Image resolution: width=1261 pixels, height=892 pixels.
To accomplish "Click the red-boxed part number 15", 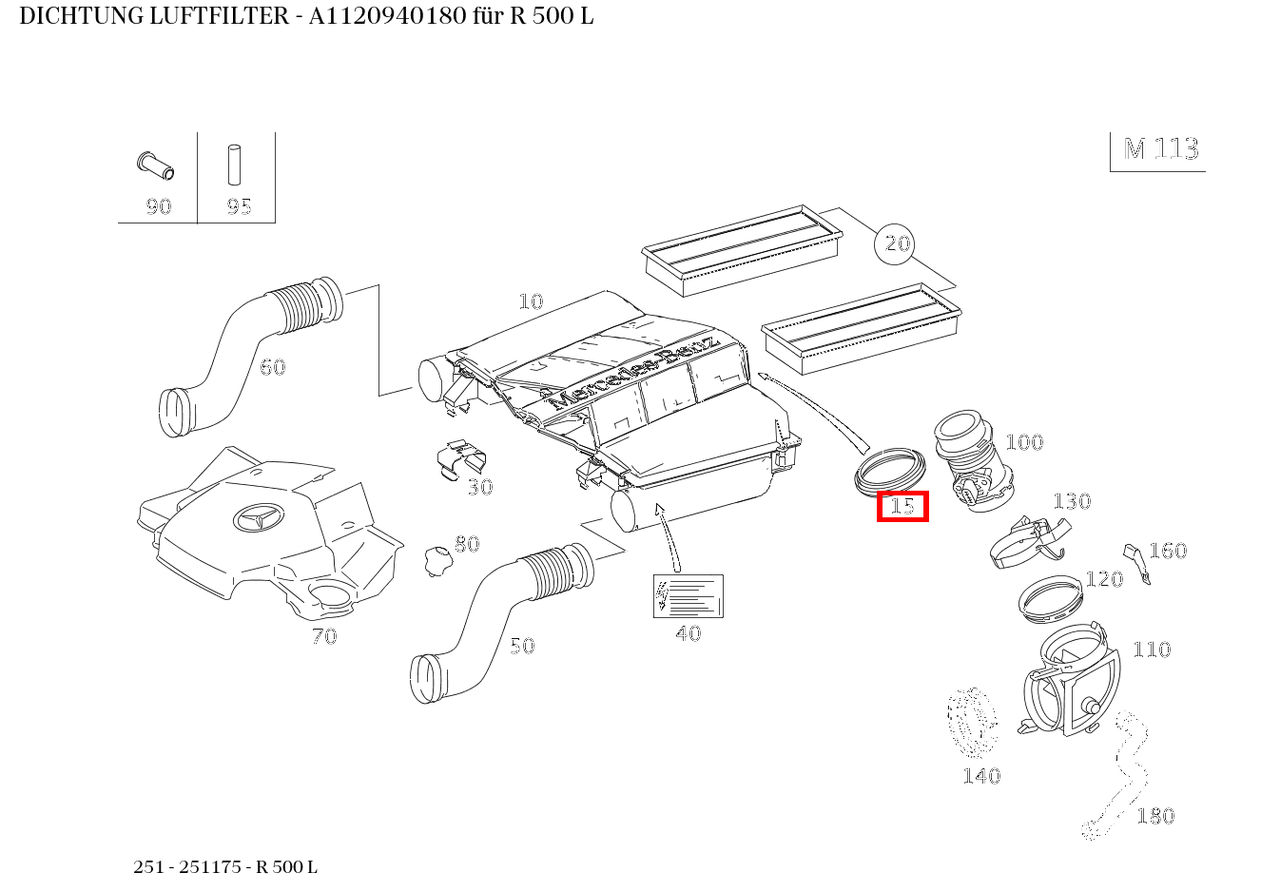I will pos(902,506).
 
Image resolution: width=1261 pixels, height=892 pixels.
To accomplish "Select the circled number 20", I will pos(897,244).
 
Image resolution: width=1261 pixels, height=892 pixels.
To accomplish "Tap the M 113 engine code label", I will pos(1160,149).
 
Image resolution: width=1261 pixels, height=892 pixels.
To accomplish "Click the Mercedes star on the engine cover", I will pos(258,517).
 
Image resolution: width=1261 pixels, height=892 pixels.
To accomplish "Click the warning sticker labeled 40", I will pos(688,596).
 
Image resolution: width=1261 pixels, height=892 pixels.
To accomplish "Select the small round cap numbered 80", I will pos(436,559).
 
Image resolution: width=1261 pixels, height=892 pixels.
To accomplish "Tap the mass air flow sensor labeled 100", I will pos(969,460).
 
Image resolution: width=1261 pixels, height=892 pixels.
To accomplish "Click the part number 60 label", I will pos(273,367).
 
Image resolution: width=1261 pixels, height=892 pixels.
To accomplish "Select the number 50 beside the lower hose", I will pos(522,647).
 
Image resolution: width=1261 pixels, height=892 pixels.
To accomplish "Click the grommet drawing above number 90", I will pos(155,166).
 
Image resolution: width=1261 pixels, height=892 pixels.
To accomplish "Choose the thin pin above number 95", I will pos(234,165).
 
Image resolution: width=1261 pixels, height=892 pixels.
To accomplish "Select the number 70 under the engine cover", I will pos(324,636).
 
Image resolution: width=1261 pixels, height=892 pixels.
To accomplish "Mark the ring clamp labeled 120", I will pos(1050,597).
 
